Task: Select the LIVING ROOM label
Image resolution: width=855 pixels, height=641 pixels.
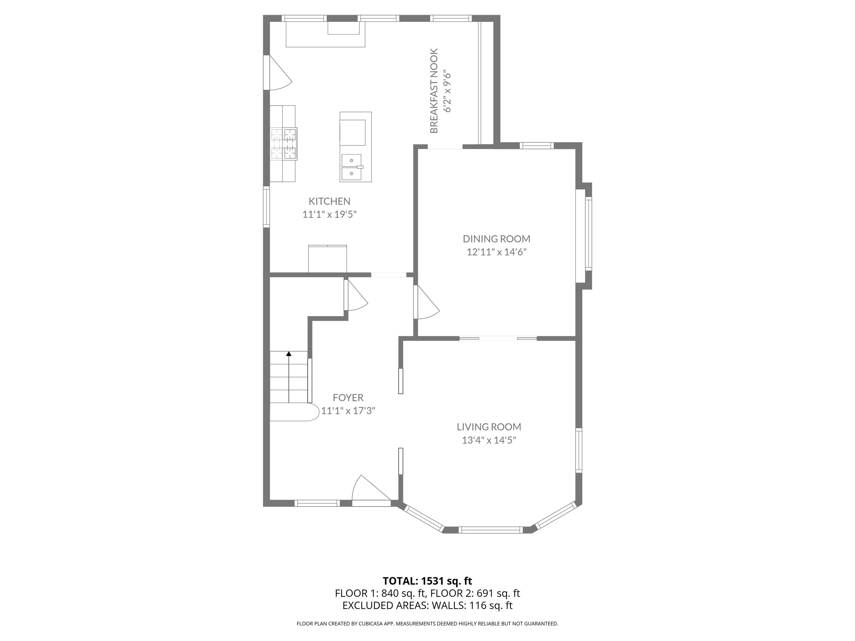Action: pos(489,427)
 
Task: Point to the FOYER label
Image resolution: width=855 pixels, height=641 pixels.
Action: pos(348,398)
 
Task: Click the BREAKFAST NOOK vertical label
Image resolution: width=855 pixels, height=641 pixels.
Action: pos(434,91)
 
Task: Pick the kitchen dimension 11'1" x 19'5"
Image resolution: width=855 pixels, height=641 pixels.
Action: pos(329,214)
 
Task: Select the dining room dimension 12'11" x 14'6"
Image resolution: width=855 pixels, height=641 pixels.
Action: pos(497,252)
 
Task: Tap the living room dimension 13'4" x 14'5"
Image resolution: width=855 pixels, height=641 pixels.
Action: pos(489,440)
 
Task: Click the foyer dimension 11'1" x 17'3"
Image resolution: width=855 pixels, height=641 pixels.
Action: pos(348,410)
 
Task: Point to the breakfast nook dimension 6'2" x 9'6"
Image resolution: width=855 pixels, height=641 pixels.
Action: pos(447,91)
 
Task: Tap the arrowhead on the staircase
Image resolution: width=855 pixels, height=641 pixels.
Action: pos(289,354)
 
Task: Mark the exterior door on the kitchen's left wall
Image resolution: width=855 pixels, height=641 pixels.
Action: pos(277,73)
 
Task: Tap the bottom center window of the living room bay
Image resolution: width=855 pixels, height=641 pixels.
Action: pos(490,530)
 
